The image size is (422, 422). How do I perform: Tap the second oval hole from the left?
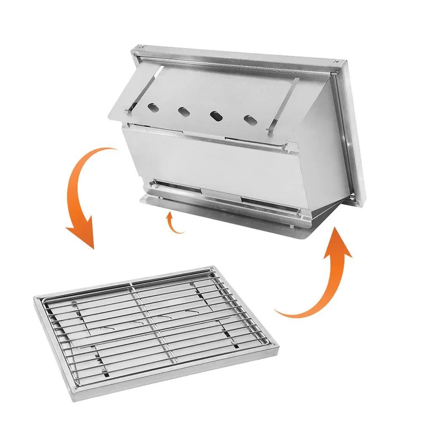[183, 111]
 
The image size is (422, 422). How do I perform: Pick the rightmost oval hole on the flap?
[250, 119]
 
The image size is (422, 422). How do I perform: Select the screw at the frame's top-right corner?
[335, 62]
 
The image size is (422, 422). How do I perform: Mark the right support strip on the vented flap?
[284, 103]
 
